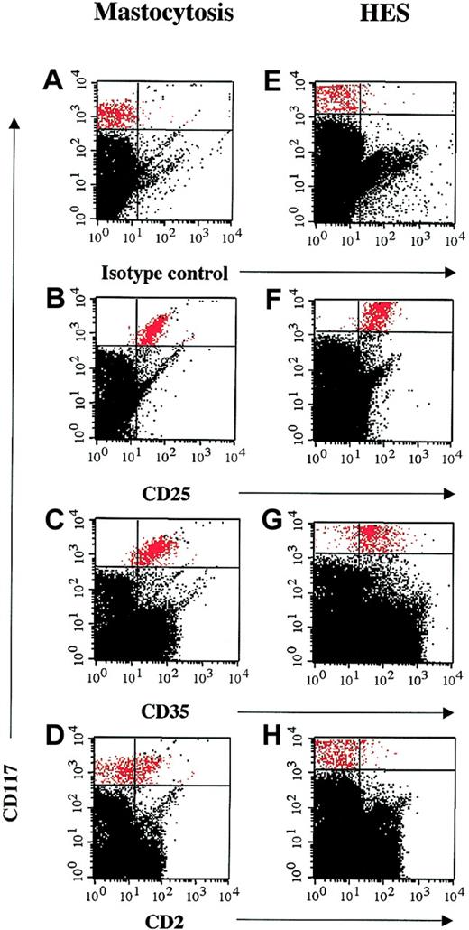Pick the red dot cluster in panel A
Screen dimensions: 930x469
(115, 115)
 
